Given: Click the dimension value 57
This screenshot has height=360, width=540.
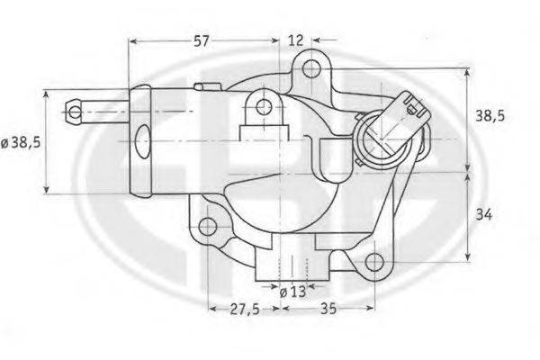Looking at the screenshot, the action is (x=201, y=41).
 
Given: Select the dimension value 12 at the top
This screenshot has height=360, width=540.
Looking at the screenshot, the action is (x=295, y=40).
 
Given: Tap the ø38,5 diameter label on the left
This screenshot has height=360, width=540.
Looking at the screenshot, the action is (x=21, y=142).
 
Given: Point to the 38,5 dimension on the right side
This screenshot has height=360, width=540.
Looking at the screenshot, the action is (x=490, y=116).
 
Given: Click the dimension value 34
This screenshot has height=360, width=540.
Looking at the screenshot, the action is (x=484, y=215).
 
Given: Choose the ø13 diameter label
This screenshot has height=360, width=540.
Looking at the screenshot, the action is (x=292, y=292).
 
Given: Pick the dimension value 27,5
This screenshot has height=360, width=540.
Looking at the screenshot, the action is (x=245, y=309).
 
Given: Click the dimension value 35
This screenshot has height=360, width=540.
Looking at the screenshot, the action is (x=328, y=309).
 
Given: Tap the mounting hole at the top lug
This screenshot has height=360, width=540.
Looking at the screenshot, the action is (x=311, y=68).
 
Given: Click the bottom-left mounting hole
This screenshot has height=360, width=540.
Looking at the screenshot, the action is (x=208, y=227).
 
